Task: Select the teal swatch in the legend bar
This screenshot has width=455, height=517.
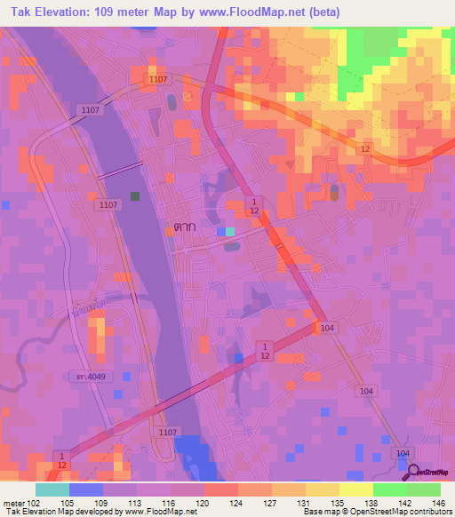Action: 52,489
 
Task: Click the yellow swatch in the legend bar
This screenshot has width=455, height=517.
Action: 356,489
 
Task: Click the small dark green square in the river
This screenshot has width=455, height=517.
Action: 135,195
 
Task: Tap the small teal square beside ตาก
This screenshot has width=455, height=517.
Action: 230,231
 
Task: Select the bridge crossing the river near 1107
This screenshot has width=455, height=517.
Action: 120,171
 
